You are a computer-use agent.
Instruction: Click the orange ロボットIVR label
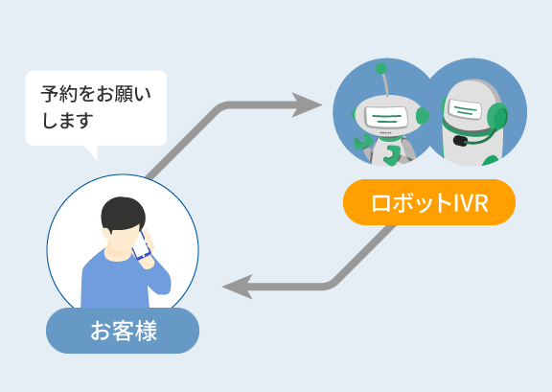point(429,202)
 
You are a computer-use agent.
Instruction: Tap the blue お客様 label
point(123,331)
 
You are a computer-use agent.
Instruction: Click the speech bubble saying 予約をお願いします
point(96,107)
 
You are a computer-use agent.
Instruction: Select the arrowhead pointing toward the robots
point(307,104)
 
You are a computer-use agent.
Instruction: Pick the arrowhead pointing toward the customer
point(238,287)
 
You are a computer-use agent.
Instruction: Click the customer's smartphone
point(141,245)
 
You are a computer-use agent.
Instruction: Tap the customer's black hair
point(123,214)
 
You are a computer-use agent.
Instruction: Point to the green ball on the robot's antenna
point(380,69)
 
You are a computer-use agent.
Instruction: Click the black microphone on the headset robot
point(460,141)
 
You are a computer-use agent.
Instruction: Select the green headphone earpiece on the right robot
point(497,117)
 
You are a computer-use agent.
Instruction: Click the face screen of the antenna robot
point(386,117)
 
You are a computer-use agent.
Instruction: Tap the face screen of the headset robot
point(465,109)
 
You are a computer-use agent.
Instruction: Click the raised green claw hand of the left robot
point(362,142)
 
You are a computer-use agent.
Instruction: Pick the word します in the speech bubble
point(67,120)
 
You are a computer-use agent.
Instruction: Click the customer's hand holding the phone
point(148,250)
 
